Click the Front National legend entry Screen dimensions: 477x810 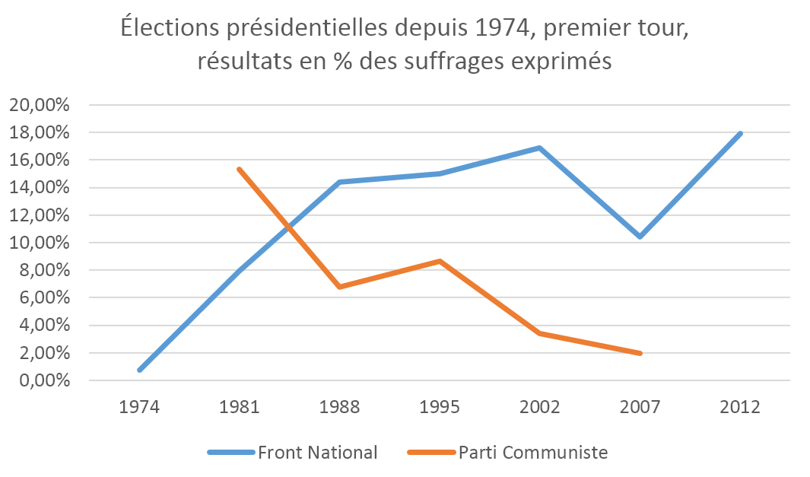coord(317,453)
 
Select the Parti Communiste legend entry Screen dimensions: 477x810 coord(532,453)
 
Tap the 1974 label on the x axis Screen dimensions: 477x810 coord(138,407)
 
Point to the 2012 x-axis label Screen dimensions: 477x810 coord(739,407)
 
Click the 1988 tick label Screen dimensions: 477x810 coord(339,407)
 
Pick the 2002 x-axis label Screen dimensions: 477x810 coord(539,407)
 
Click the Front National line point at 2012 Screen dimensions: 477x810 coord(739,134)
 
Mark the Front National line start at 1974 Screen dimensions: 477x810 coord(140,370)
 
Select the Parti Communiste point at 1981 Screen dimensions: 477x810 coord(239,170)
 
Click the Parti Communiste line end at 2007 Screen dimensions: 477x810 coord(640,353)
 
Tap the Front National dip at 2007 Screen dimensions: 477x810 coord(640,237)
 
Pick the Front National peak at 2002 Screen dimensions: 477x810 coord(539,148)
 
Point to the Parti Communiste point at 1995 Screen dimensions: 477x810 coord(439,261)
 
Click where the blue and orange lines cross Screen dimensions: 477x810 coord(287,226)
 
